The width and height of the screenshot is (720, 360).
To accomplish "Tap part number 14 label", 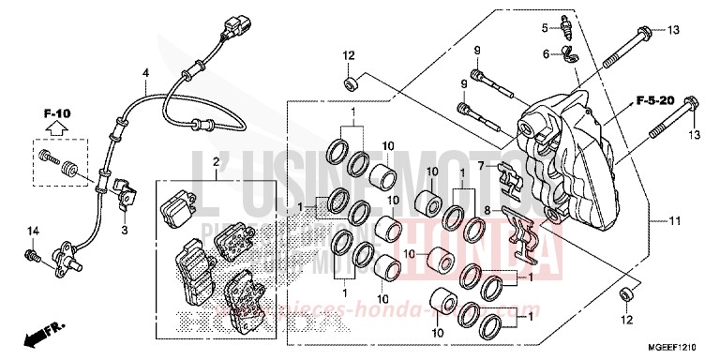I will (x=30, y=231).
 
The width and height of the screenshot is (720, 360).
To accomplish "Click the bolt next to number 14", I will (x=32, y=253).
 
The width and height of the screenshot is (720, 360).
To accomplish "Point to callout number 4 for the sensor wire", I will (x=145, y=73).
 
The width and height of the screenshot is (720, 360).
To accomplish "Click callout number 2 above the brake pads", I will (x=216, y=163).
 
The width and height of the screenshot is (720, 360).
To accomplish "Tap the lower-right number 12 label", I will (x=626, y=293).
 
